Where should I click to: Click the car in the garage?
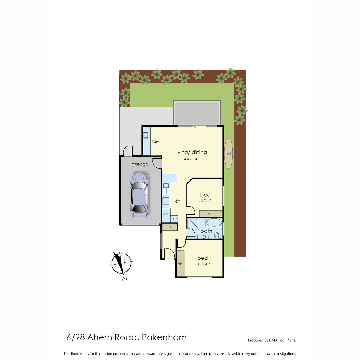click(139, 196)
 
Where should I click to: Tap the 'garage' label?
click(140, 164)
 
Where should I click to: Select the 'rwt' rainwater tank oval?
click(228, 153)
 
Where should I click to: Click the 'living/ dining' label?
click(191, 152)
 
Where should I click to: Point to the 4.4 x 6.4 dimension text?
click(190, 159)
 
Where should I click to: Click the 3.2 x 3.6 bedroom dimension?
click(205, 200)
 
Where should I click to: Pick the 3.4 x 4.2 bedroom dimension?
click(203, 264)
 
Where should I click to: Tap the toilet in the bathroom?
click(216, 235)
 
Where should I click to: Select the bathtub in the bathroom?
click(214, 223)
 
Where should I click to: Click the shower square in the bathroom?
click(193, 223)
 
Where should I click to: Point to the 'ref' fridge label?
click(175, 219)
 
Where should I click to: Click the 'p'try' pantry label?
click(166, 214)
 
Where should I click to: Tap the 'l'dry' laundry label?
click(155, 141)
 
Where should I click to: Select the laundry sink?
click(146, 135)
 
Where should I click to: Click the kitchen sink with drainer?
click(166, 188)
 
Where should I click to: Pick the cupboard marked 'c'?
click(170, 227)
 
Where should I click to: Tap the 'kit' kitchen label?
click(177, 201)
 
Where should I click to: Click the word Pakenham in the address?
click(164, 337)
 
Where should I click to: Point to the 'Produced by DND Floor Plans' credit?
click(272, 340)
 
